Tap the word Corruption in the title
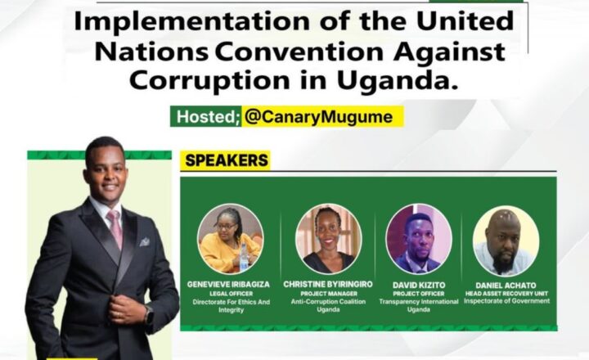click(x=209, y=79)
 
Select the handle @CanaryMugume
click(x=318, y=116)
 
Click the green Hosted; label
click(x=206, y=116)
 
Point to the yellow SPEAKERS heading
click(x=227, y=160)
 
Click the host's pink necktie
click(x=115, y=227)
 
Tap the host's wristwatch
click(x=148, y=314)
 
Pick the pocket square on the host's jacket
click(x=145, y=242)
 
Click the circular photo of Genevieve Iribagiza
click(x=230, y=239)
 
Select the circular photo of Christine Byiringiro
click(x=329, y=239)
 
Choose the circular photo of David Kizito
click(x=419, y=239)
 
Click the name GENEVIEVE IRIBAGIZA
click(x=228, y=285)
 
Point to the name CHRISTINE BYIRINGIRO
click(x=328, y=285)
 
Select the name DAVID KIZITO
click(x=418, y=286)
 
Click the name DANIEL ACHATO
click(x=506, y=286)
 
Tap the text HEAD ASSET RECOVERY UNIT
click(x=506, y=294)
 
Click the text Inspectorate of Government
click(x=506, y=301)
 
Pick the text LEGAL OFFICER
click(x=231, y=294)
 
